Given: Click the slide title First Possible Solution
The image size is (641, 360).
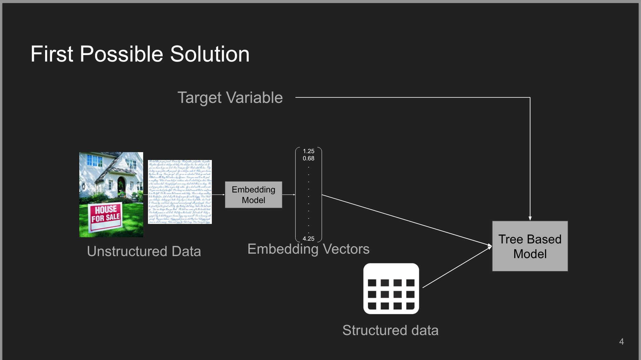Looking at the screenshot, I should coord(140,54).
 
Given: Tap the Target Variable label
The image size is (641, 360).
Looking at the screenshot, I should coord(230,98).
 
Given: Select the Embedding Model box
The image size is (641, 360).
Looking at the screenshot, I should coord(254,195).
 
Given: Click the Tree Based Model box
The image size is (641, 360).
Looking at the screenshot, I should coord(530,246).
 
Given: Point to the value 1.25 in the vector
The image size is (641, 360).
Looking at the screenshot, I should coord(309,151).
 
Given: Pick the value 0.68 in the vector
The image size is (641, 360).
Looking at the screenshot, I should coord(309,158).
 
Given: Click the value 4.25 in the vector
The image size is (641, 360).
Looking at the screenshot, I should coord(309,239).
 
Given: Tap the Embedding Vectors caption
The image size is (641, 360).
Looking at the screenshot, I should coord(308,249).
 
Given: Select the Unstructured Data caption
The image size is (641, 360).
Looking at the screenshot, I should coord(144,251).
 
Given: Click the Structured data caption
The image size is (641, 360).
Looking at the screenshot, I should coord(390,330).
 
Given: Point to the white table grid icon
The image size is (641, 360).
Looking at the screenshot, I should coord(391,289).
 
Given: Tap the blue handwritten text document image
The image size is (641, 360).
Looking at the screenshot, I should coord(180,192).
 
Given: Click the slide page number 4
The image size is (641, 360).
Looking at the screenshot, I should coord(621,342).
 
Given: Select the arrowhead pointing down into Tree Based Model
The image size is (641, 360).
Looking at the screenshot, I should coord(530,218).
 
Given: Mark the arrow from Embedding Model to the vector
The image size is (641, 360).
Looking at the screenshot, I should coord(289,195).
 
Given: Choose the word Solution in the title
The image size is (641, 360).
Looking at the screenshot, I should coord(210,54).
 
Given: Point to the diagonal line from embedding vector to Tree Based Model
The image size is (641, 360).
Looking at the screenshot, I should coord(407,220).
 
